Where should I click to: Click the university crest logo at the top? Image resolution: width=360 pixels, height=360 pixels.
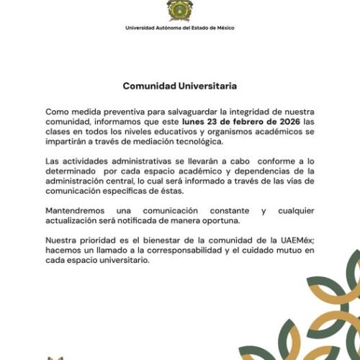(x=179, y=12)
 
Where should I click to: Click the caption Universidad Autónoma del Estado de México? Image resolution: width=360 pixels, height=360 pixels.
(x=179, y=28)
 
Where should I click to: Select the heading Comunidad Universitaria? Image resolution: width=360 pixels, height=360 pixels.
(x=179, y=86)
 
